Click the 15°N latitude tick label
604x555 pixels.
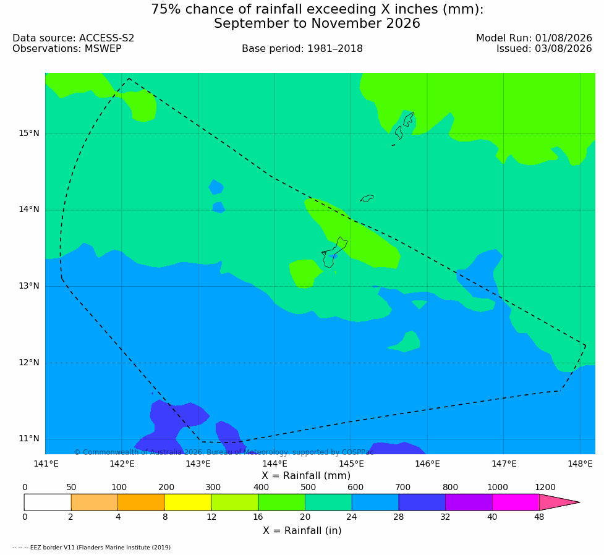click(29, 133)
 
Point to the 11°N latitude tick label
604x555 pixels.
click(29, 439)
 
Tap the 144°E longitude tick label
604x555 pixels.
click(275, 464)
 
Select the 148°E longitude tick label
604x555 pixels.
click(580, 464)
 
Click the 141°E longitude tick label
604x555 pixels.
click(46, 464)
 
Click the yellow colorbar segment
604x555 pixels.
click(188, 502)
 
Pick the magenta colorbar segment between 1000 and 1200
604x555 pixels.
click(516, 502)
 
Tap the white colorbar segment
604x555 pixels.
click(48, 502)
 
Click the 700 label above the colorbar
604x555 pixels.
click(402, 487)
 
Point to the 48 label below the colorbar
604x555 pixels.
click(539, 517)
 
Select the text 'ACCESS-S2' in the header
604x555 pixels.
click(107, 38)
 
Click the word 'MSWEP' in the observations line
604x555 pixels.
click(103, 49)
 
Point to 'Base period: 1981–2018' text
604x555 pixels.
click(302, 49)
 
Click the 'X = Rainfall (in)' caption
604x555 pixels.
click(302, 531)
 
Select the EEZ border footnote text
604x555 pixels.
click(91, 548)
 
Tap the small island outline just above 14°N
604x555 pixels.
click(367, 198)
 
